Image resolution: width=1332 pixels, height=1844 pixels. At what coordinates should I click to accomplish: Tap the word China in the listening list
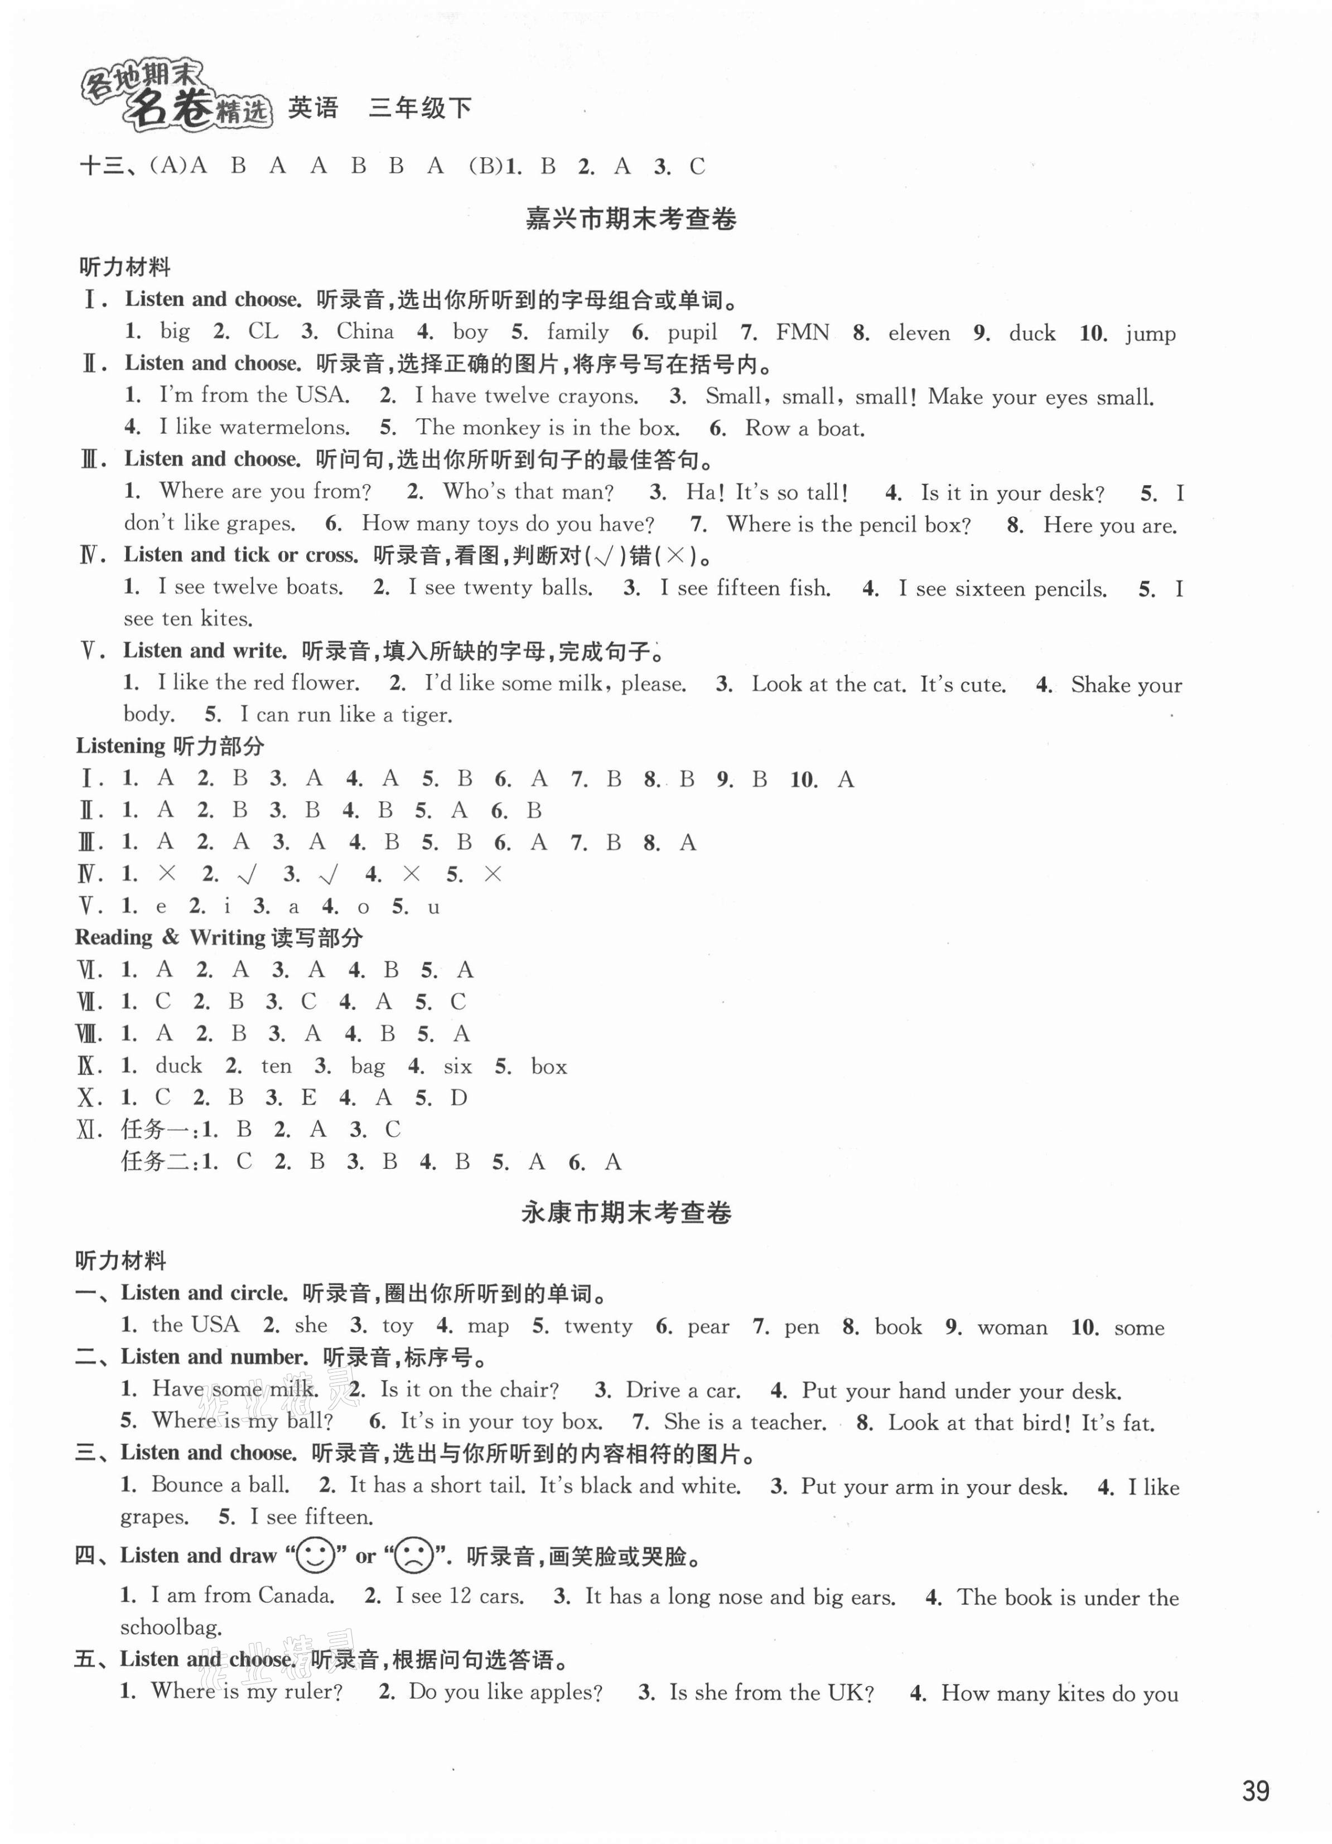(365, 332)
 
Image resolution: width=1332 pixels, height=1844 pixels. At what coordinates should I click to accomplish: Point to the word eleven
(919, 332)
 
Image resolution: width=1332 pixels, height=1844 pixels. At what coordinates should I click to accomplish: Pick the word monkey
(501, 428)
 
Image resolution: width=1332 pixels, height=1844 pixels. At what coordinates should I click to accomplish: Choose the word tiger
(426, 715)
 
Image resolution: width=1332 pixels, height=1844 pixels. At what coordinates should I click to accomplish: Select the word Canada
(296, 1596)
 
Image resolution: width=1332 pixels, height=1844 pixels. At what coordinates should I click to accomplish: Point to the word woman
(1012, 1328)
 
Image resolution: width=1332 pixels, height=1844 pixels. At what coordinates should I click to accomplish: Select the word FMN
(803, 332)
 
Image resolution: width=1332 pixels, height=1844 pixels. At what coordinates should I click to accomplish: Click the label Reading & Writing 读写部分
(219, 937)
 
